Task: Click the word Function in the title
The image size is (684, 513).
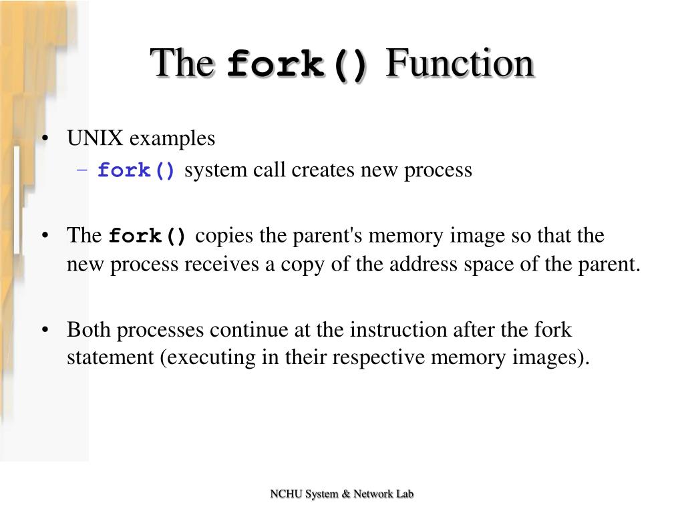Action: [460, 64]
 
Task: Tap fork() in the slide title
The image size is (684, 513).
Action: [297, 65]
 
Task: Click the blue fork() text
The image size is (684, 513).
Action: [137, 171]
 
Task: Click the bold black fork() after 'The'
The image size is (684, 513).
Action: [148, 236]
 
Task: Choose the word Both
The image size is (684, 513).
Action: [88, 329]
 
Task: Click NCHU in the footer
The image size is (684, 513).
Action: [285, 494]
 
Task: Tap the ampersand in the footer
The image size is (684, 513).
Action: [345, 494]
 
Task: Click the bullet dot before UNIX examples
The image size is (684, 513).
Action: [45, 139]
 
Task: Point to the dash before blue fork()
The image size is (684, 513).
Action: [82, 170]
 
